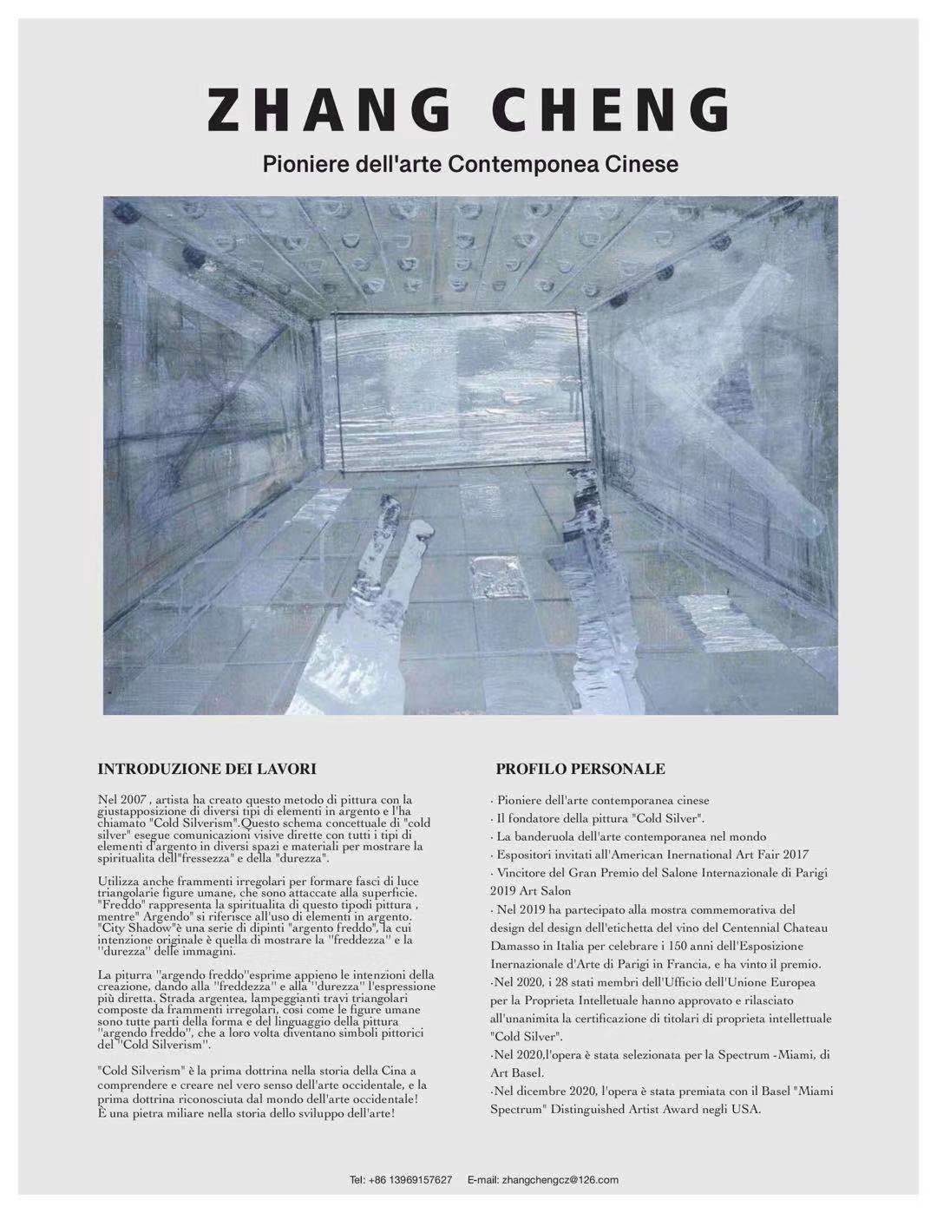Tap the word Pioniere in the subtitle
point(299,163)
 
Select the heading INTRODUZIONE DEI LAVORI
point(206,769)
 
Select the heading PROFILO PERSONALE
point(580,769)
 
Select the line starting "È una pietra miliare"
point(246,1111)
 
